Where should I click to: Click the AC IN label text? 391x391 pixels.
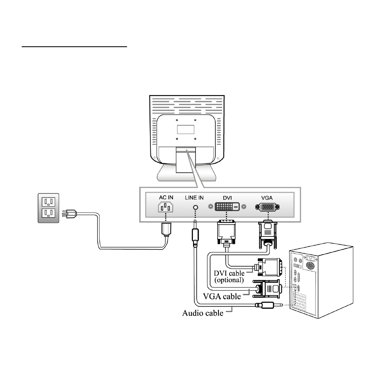click(166, 198)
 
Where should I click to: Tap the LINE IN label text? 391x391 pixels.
click(194, 198)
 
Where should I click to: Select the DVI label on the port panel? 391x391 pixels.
click(227, 198)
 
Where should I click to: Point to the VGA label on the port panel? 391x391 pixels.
click(267, 198)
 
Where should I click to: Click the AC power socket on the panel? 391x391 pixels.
click(166, 207)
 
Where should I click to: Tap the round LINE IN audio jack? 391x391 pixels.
click(196, 207)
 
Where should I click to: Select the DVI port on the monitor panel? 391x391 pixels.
click(227, 207)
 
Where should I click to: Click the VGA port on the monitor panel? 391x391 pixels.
click(268, 207)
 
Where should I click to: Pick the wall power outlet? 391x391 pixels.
click(48, 208)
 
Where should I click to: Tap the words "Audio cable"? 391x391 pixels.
click(203, 313)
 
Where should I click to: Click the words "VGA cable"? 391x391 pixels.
click(222, 296)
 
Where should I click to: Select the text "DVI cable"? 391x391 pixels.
click(229, 273)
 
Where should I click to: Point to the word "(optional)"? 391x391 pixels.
click(229, 280)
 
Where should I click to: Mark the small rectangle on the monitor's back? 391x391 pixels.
click(186, 130)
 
